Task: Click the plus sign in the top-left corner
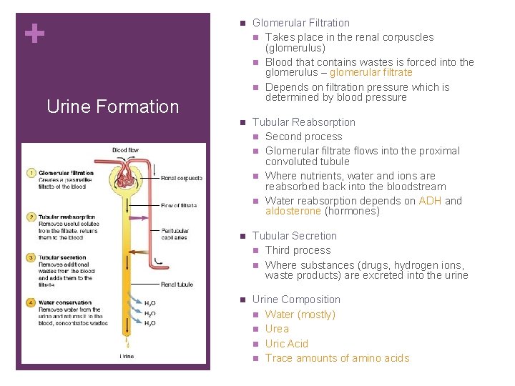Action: click(34, 34)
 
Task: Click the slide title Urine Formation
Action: click(112, 107)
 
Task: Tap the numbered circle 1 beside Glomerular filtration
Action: click(31, 173)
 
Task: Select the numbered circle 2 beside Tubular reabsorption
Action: click(31, 216)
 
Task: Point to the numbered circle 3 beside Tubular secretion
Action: click(31, 257)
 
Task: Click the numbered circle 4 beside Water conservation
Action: click(31, 302)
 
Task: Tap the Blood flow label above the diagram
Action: click(126, 150)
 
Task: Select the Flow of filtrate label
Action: click(180, 207)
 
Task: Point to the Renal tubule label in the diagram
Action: click(177, 284)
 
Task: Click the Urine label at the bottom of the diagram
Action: click(127, 355)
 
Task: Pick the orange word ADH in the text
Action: click(430, 201)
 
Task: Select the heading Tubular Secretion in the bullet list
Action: click(294, 236)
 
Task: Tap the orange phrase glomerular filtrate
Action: click(371, 72)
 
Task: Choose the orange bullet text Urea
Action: click(277, 329)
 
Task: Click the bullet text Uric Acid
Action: click(286, 344)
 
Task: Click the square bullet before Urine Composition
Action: click(242, 300)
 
